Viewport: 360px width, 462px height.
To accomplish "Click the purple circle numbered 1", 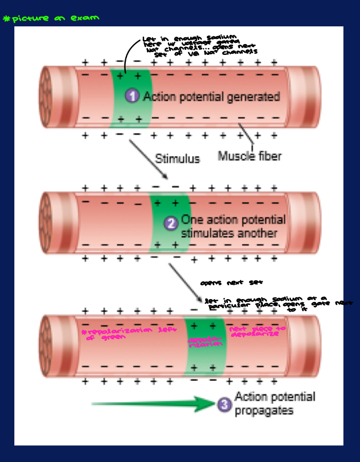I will tap(133, 96).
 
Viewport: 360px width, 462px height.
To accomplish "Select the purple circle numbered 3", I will tap(224, 404).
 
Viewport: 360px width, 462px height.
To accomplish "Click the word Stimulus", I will tap(177, 159).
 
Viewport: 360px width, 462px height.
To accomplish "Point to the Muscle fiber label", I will tap(250, 156).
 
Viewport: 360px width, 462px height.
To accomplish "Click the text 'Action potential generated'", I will tap(211, 96).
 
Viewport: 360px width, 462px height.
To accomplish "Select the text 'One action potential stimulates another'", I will tap(233, 226).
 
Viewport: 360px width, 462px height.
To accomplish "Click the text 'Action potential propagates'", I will tap(274, 404).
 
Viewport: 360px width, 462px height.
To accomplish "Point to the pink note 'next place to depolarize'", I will tap(257, 332).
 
